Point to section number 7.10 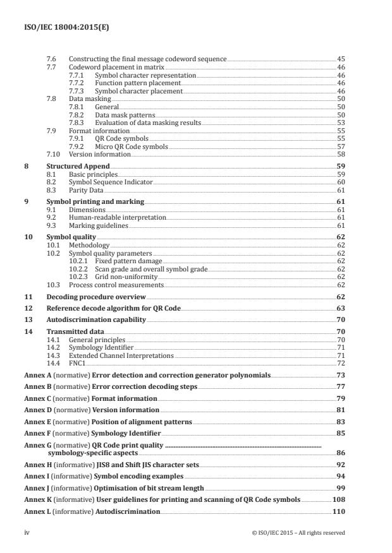click(x=53, y=154)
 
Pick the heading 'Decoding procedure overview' click(x=95, y=297)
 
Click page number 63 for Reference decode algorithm click(x=340, y=308)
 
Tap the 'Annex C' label click(x=38, y=399)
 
